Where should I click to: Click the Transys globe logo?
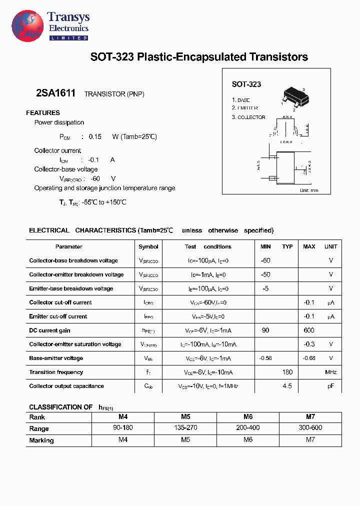[x=28, y=26]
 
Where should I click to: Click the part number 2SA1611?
[x=55, y=93]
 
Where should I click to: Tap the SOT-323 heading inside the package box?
[x=246, y=84]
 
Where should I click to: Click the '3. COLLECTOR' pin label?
[x=248, y=117]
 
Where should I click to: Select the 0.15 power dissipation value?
[x=95, y=136]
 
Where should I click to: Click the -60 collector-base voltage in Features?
[x=95, y=178]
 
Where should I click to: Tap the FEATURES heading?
[x=43, y=113]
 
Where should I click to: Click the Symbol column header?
[x=148, y=246]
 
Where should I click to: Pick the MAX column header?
[x=309, y=246]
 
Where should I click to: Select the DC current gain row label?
[x=49, y=330]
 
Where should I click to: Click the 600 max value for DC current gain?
[x=308, y=330]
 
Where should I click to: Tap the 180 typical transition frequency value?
[x=287, y=372]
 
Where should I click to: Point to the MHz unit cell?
[x=330, y=372]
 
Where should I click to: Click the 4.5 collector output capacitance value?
[x=287, y=386]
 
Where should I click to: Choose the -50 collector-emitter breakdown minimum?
[x=265, y=274]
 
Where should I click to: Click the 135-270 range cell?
[x=185, y=428]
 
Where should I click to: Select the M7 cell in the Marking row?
[x=310, y=440]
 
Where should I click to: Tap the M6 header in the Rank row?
[x=247, y=416]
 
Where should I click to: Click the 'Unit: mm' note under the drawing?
[x=308, y=190]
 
